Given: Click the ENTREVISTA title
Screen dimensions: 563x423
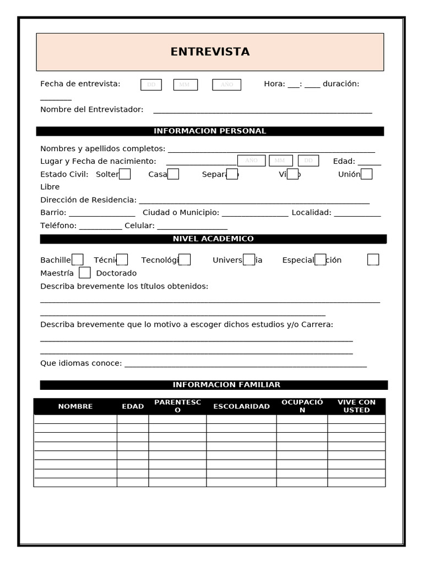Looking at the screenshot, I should coord(210,52).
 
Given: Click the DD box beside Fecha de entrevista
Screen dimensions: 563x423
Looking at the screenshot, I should coord(151,85).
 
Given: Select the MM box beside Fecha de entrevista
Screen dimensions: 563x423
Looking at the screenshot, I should coord(185,85).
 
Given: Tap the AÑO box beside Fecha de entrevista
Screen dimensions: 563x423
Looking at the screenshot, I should coord(226,85).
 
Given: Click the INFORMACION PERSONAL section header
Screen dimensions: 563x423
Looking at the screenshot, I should coord(210,131).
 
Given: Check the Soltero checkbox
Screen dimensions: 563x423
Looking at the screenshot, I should coord(125,174).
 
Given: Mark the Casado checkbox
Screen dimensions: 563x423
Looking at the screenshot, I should coord(173,174).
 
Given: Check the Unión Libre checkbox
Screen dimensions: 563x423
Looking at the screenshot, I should coord(366,174).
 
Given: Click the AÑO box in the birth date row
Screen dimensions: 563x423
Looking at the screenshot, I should coord(251,161).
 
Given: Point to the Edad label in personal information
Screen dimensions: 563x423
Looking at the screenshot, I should coord(344,161).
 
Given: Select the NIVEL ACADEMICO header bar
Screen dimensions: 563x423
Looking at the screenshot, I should coord(213,239).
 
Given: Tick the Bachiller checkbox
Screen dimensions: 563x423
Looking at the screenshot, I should coord(78,260).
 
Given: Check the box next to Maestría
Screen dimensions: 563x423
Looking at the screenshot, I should coord(84,273).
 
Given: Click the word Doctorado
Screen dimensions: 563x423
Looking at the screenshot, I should coord(116,273).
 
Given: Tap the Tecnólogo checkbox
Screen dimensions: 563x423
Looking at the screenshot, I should coord(185,260).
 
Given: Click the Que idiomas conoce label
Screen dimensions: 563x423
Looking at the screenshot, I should coord(81,363).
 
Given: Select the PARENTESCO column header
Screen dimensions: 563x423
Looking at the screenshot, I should coord(177,406).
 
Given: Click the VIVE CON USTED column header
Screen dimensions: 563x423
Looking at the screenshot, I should coord(356,406).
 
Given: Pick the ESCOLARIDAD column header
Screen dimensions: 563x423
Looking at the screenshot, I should coord(241,406).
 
